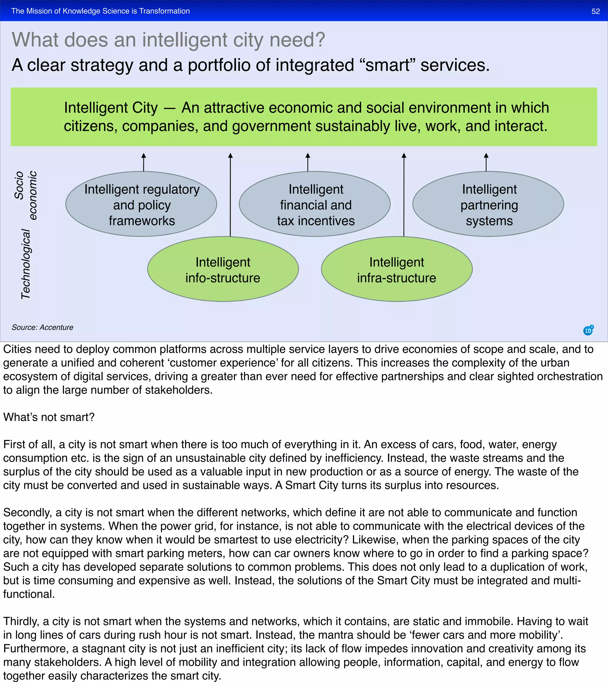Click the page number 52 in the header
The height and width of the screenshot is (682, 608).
(x=595, y=11)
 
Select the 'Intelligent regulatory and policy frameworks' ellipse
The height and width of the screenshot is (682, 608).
(x=141, y=204)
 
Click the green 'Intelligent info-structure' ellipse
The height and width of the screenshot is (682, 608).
(x=223, y=269)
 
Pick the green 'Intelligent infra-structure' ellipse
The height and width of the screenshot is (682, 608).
(x=397, y=269)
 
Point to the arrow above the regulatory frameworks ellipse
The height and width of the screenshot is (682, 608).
(x=144, y=162)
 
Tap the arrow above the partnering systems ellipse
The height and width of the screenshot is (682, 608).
(x=486, y=162)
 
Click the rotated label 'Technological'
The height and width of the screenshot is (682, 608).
(x=26, y=264)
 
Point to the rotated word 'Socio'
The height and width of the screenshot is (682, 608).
(x=19, y=185)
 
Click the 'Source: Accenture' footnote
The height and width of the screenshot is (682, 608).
(x=42, y=327)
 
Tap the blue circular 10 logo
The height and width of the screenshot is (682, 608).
(x=588, y=330)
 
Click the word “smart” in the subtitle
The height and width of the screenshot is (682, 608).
(x=387, y=65)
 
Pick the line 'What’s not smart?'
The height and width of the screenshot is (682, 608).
(x=49, y=417)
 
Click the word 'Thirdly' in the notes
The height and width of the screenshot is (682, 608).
(x=21, y=621)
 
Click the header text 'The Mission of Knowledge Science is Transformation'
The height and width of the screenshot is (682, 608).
(x=101, y=11)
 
